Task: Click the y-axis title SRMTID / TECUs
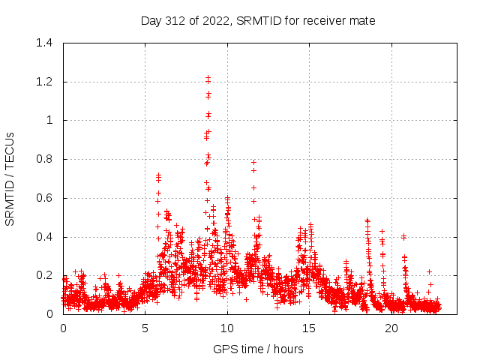(x=10, y=178)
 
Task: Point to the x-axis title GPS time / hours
(x=258, y=349)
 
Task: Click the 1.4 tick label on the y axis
(x=45, y=43)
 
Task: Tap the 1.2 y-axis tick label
(x=45, y=82)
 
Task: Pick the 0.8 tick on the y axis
(x=45, y=159)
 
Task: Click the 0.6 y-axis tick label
(x=45, y=198)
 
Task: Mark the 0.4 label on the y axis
(x=45, y=237)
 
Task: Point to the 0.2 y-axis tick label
(x=45, y=276)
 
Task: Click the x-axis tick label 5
(x=145, y=328)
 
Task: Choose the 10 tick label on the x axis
(x=227, y=328)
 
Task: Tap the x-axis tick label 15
(x=309, y=328)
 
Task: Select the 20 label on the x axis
(x=391, y=328)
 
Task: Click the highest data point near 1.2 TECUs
(x=208, y=77)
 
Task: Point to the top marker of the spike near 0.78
(x=253, y=162)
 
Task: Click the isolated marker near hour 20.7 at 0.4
(x=403, y=236)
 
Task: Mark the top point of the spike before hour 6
(x=158, y=175)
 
